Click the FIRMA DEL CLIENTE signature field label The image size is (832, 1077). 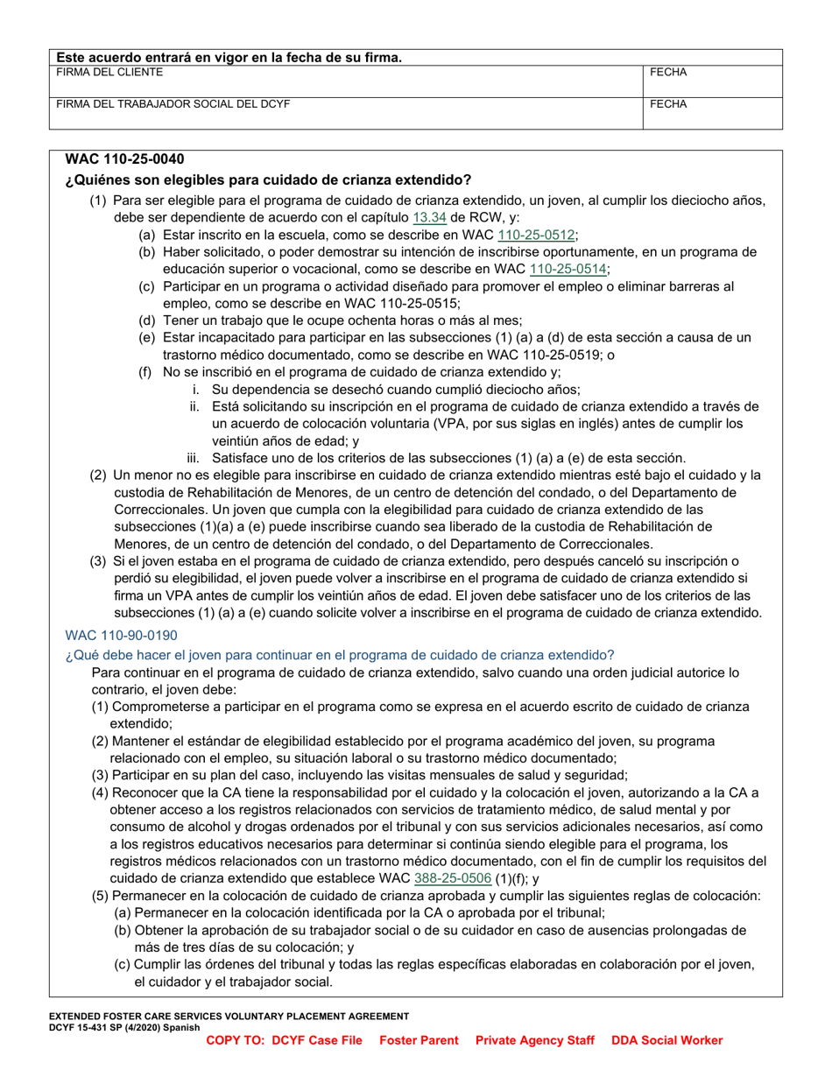pyautogui.click(x=109, y=73)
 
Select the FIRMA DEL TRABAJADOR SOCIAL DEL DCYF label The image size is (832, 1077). pyautogui.click(x=173, y=103)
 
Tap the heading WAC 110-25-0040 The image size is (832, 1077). pyautogui.click(x=124, y=160)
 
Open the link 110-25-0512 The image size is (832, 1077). pyautogui.click(x=536, y=235)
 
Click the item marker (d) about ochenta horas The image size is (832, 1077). pyautogui.click(x=147, y=320)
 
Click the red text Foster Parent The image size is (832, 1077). pyautogui.click(x=419, y=1040)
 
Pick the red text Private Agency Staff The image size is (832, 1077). pyautogui.click(x=535, y=1040)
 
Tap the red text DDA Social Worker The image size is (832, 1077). pyautogui.click(x=667, y=1040)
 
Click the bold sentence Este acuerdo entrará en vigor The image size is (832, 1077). pyautogui.click(x=229, y=58)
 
